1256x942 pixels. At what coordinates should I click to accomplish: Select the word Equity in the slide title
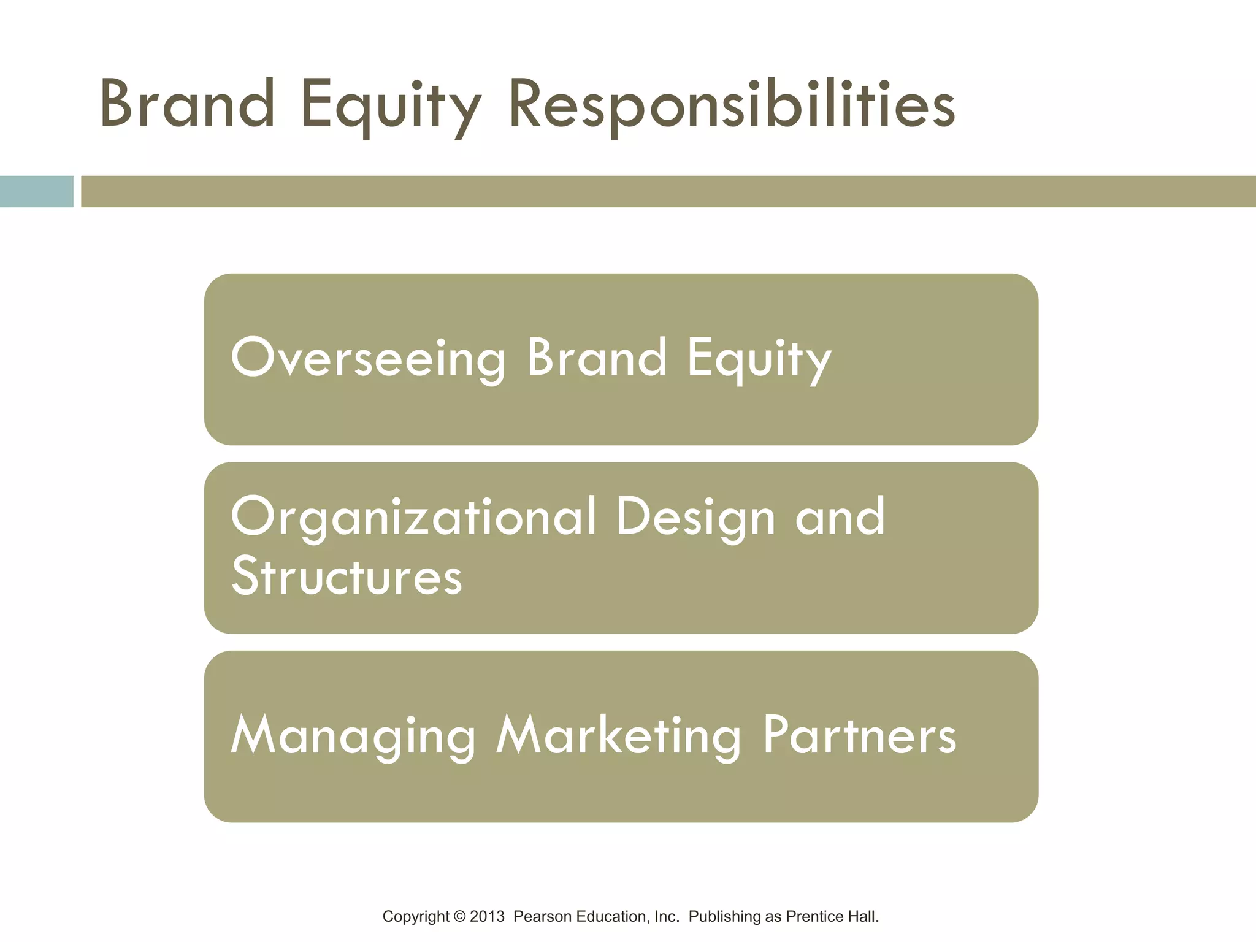[391, 105]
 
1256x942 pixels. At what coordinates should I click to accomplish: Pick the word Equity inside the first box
[759, 359]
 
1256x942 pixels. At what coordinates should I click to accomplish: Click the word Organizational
[413, 517]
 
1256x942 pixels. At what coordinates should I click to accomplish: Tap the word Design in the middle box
[695, 517]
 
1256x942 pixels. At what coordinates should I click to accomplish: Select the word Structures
[347, 576]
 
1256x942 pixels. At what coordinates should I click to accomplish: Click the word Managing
[353, 735]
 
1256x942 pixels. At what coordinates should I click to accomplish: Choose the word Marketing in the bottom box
[618, 735]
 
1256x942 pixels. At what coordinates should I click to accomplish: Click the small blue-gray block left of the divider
[36, 191]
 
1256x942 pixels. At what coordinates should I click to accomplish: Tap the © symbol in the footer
[459, 917]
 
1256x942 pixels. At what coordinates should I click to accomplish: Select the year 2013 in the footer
[487, 917]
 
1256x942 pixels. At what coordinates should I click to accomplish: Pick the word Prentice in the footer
[811, 917]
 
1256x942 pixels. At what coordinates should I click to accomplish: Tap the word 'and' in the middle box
[840, 517]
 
